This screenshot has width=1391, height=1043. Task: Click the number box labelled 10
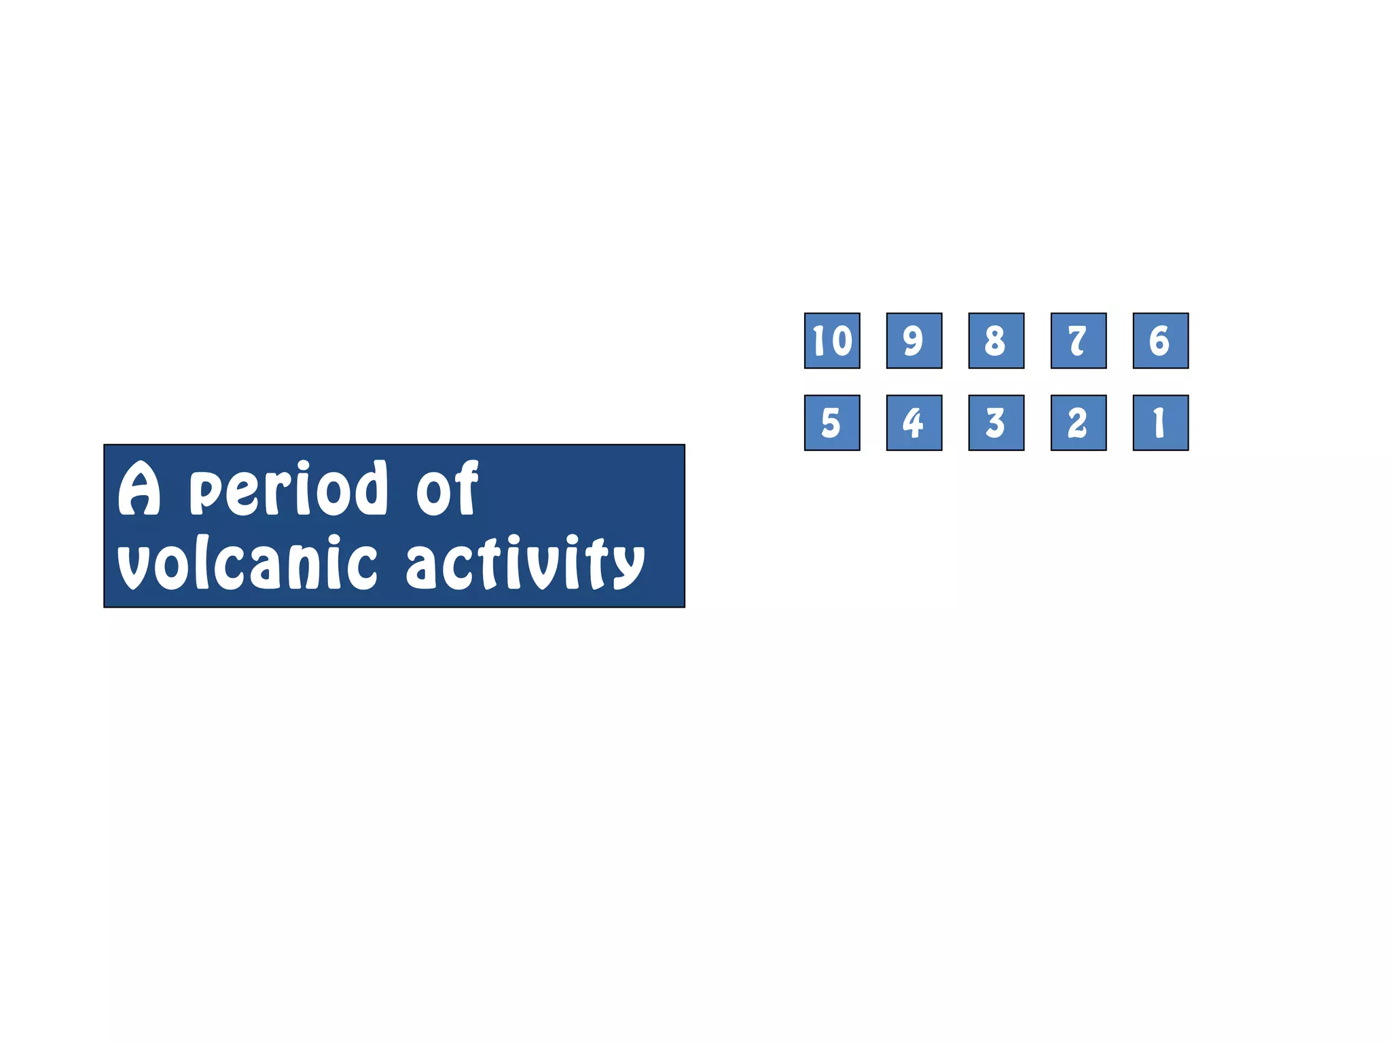[832, 341]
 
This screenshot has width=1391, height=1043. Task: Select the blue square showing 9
[914, 341]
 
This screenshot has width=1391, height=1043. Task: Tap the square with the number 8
[996, 341]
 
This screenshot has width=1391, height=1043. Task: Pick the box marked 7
[1079, 341]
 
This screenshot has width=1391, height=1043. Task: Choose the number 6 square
[1161, 341]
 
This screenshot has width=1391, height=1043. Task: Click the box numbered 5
[832, 423]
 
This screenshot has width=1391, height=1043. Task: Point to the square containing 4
[914, 423]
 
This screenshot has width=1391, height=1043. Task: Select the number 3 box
[996, 423]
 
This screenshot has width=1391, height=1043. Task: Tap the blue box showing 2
[1079, 423]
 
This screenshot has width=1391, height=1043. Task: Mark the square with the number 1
[1161, 423]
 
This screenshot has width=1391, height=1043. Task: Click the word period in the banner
[288, 489]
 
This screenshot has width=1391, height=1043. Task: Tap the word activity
[524, 564]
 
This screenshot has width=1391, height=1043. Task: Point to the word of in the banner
[447, 489]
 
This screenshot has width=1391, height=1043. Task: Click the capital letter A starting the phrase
[139, 489]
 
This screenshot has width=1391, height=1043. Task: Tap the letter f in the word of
[467, 488]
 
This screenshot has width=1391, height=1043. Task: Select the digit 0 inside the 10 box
[842, 341]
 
